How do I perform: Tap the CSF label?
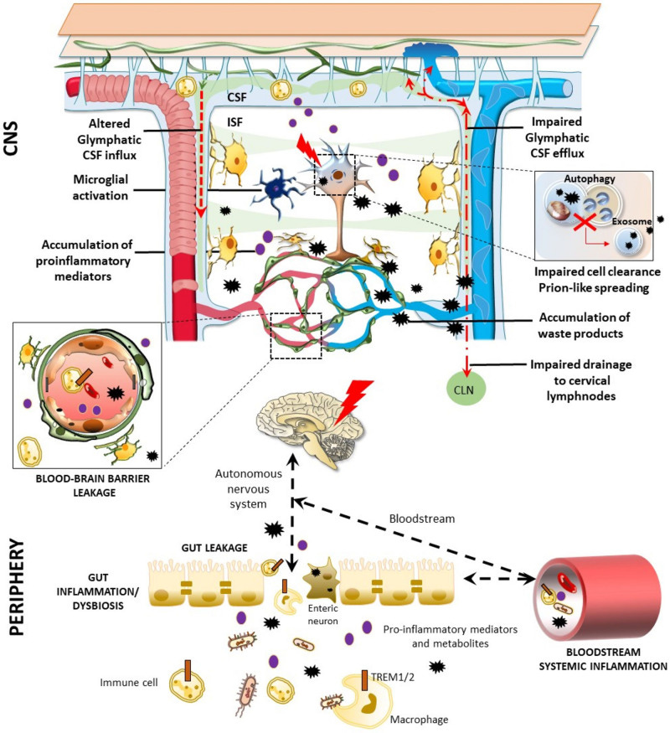(236, 97)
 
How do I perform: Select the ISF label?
(234, 122)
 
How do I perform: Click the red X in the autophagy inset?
(584, 220)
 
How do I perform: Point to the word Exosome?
(631, 221)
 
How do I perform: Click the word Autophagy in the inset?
(589, 178)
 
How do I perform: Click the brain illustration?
(310, 429)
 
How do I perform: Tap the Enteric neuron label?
(322, 614)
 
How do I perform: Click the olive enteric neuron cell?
(322, 579)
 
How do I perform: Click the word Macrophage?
(419, 720)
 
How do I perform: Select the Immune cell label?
(128, 683)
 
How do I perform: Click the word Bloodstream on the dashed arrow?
(422, 519)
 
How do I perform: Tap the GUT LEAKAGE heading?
(214, 547)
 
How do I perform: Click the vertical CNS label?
(10, 137)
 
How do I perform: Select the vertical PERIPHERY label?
(17, 587)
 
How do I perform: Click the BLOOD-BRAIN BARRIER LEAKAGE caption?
(93, 485)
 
